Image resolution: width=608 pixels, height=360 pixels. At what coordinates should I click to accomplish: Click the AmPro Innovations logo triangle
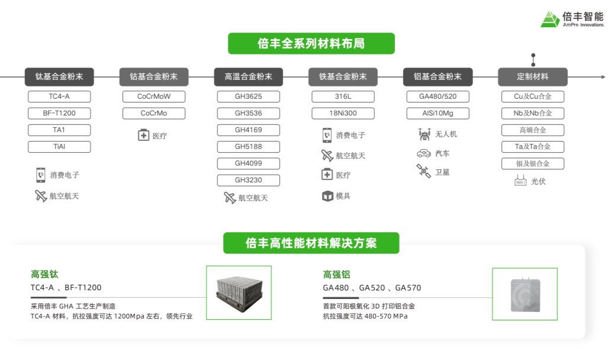(550, 19)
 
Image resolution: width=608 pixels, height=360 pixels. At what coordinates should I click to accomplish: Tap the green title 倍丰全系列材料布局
(311, 44)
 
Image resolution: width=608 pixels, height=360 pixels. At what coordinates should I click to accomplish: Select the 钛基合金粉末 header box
(59, 77)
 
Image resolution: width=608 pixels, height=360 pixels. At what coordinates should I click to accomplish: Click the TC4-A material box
(59, 97)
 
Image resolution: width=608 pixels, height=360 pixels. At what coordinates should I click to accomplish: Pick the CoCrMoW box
(154, 97)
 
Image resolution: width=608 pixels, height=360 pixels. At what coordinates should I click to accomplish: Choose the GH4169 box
(248, 130)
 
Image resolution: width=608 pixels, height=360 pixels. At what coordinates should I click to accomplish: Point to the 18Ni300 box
(343, 113)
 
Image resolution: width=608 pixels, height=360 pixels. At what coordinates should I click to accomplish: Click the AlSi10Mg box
(437, 113)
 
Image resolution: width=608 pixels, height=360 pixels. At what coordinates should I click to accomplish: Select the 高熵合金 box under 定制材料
(532, 130)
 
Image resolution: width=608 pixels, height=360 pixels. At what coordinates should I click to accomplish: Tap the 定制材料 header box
(532, 77)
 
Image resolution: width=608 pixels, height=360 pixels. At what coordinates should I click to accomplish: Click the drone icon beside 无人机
(424, 134)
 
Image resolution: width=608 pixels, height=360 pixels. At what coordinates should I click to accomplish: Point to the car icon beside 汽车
(424, 153)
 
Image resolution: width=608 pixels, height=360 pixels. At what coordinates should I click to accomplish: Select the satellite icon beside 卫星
(424, 172)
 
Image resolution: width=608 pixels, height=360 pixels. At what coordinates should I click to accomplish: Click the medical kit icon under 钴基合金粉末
(143, 136)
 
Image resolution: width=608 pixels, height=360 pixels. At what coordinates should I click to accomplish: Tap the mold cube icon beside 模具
(327, 196)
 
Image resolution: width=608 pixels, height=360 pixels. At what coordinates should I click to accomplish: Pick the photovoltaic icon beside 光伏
(520, 181)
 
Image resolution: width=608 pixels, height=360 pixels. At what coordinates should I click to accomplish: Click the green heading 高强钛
(44, 274)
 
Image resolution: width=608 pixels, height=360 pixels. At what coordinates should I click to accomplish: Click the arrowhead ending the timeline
(603, 77)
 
